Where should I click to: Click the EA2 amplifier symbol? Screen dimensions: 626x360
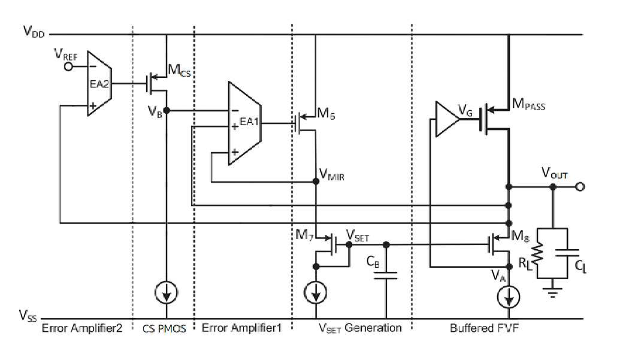click(x=99, y=84)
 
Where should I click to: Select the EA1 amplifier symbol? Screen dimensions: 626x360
click(x=245, y=123)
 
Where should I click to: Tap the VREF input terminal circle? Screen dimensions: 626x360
click(x=69, y=66)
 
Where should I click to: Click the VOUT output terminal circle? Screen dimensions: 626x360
click(x=580, y=186)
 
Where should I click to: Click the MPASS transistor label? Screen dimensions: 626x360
click(x=528, y=105)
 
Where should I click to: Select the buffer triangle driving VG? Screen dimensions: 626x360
click(x=447, y=119)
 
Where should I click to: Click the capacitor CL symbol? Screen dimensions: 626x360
click(x=567, y=253)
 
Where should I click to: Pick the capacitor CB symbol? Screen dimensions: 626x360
click(x=386, y=276)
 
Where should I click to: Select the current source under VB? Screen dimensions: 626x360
click(x=167, y=293)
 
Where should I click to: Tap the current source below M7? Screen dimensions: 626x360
click(x=316, y=292)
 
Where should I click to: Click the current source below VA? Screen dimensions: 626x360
click(x=509, y=297)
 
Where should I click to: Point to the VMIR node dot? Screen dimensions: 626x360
click(x=316, y=181)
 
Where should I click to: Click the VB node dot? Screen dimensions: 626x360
click(x=167, y=110)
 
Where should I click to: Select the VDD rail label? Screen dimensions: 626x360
click(x=34, y=31)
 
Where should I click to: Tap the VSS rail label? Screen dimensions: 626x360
click(x=28, y=316)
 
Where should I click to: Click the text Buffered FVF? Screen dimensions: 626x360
click(x=484, y=328)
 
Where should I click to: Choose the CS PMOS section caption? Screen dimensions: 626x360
click(x=164, y=329)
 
